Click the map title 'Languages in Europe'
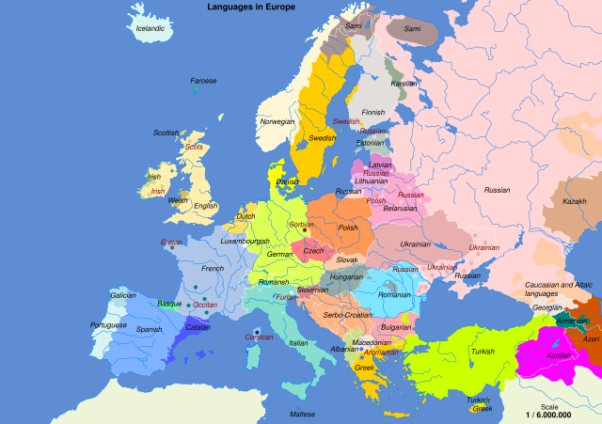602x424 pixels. point(251,7)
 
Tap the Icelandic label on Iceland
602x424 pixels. point(150,28)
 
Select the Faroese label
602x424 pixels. point(203,81)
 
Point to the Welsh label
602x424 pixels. point(179,200)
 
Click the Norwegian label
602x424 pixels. point(277,121)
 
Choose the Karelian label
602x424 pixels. point(404,84)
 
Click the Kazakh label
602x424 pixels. point(575,201)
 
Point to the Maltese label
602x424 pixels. point(302,414)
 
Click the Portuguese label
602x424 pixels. point(108,325)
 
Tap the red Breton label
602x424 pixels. point(172,242)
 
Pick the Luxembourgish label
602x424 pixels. point(245,241)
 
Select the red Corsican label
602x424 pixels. point(259,337)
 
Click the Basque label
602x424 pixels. point(169,304)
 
